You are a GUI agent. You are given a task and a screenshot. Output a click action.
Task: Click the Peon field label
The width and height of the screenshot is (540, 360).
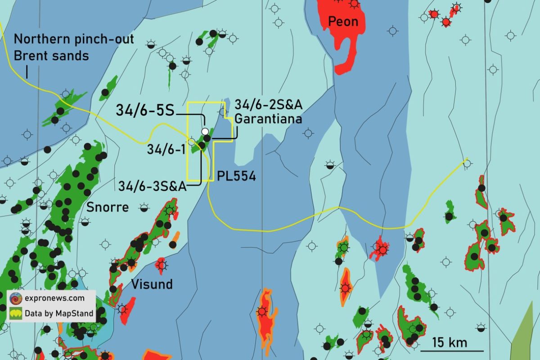click(343, 21)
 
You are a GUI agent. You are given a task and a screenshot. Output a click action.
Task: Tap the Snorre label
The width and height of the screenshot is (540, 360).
click(108, 207)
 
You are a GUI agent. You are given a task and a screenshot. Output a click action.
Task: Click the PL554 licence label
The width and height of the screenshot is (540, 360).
click(236, 176)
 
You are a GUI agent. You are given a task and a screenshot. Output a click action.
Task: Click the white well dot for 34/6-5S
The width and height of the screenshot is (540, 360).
click(205, 131)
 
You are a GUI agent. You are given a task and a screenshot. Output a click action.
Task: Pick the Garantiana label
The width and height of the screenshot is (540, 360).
click(268, 120)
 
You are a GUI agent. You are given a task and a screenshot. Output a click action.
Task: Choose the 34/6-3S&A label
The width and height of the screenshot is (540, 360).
click(153, 186)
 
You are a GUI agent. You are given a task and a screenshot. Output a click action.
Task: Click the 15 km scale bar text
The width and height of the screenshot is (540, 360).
click(450, 342)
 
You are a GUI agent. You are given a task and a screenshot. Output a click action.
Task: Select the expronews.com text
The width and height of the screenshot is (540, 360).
click(54, 298)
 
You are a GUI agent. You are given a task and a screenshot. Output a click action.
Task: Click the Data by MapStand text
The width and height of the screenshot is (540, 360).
click(59, 313)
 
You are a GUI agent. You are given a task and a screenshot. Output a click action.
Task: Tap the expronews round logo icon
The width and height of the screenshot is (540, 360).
click(16, 298)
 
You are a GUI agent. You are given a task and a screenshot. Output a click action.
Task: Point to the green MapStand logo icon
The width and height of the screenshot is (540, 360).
click(16, 313)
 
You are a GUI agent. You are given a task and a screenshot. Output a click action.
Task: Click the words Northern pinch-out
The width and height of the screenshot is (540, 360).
click(74, 39)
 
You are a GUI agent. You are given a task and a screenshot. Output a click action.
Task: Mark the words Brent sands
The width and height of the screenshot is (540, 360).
click(51, 56)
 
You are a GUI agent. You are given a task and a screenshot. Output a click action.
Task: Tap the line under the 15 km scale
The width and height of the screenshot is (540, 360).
click(452, 351)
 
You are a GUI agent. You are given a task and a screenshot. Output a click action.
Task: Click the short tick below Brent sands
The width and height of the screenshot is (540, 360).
click(27, 72)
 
